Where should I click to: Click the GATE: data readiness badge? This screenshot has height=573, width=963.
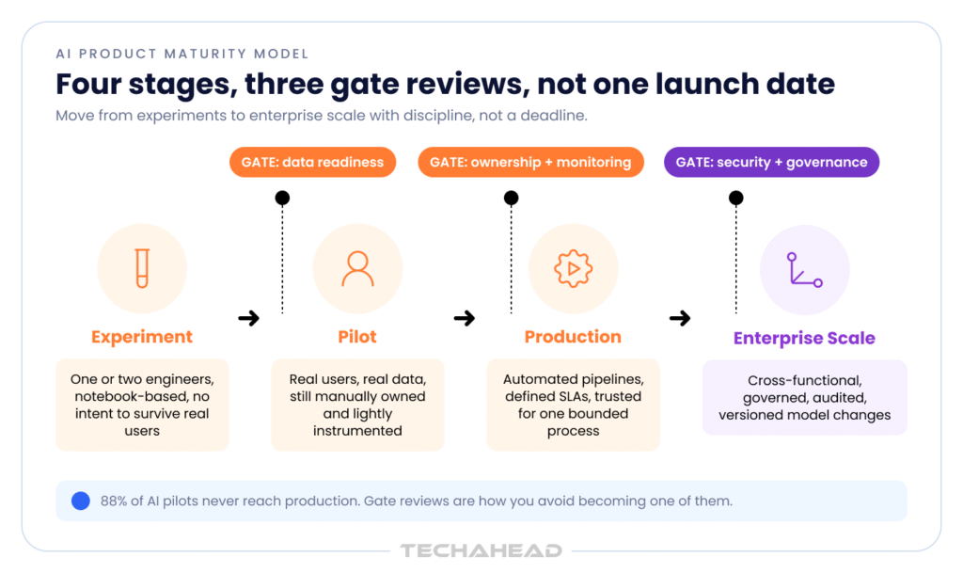[x=312, y=162]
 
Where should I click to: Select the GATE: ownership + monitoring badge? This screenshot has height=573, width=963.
[x=530, y=162]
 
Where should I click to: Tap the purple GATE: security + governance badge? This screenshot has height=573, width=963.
[x=771, y=162]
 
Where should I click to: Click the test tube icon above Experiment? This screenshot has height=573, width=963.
[x=142, y=268]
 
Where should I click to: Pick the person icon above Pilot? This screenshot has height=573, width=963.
[x=357, y=269]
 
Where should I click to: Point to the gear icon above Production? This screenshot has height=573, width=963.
[x=573, y=268]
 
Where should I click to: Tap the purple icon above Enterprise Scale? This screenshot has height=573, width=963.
[x=805, y=270]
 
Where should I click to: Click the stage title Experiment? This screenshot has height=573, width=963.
[x=142, y=337]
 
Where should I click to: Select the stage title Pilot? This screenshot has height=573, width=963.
[x=357, y=337]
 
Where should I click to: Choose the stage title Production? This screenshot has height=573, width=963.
[x=573, y=337]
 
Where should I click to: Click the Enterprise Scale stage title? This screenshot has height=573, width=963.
[x=805, y=338]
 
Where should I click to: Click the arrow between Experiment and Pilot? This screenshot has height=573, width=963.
[x=248, y=318]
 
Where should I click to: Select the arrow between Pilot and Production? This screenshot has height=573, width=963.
[x=465, y=318]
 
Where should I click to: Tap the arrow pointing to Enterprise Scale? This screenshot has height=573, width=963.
[x=680, y=318]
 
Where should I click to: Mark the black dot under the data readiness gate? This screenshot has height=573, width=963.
[x=282, y=198]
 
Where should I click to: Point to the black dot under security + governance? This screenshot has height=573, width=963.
[x=736, y=198]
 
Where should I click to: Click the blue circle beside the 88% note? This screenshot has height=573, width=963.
[x=81, y=501]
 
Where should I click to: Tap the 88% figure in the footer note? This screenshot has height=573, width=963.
[x=114, y=501]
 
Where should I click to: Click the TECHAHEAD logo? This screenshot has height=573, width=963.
[x=481, y=551]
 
